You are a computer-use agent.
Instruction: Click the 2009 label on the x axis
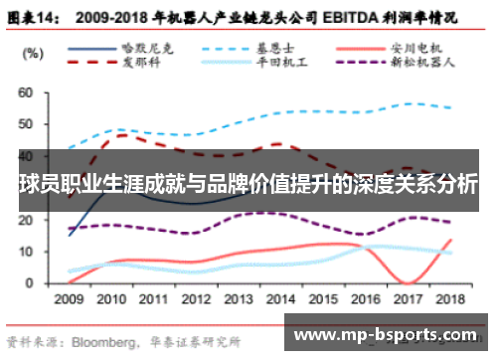point(70,298)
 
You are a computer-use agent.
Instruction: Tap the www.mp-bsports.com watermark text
point(389,335)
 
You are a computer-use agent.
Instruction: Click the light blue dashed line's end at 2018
point(452,107)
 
